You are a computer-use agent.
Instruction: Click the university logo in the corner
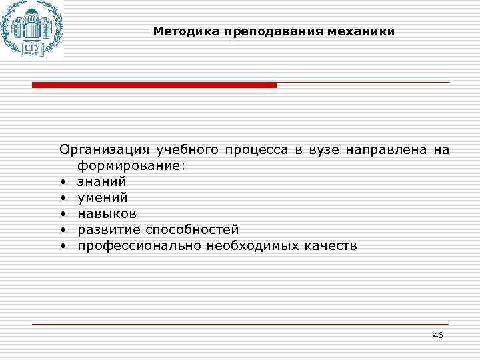(x=31, y=28)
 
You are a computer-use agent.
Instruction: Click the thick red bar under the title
(x=154, y=85)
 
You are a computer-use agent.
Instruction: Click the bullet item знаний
(x=101, y=181)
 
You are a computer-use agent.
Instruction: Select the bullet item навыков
(x=107, y=214)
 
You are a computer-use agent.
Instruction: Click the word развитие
(x=107, y=230)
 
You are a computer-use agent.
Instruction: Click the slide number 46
(x=437, y=335)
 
